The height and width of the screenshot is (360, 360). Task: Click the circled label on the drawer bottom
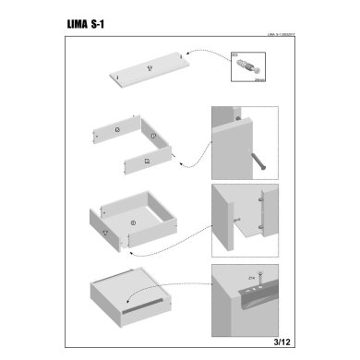tap(133, 222)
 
